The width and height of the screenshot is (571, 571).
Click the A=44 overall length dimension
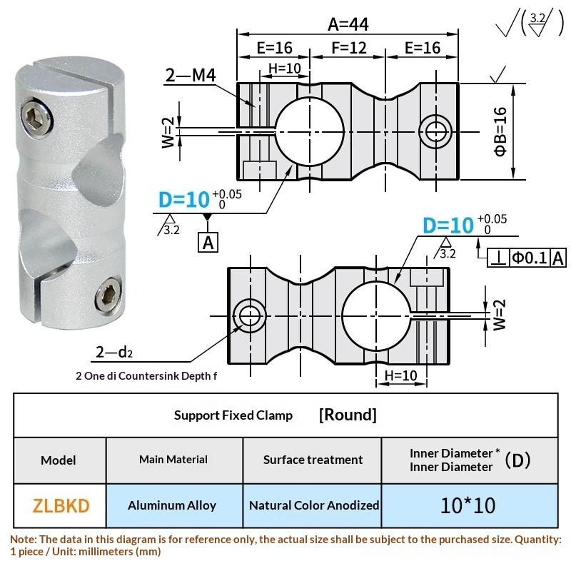pyautogui.click(x=348, y=24)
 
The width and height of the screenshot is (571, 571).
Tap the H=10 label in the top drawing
pyautogui.click(x=284, y=69)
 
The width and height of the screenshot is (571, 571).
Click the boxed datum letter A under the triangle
pyautogui.click(x=208, y=243)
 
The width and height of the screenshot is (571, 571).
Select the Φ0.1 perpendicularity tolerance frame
pyautogui.click(x=527, y=258)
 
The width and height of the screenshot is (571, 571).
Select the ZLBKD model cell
pyautogui.click(x=61, y=505)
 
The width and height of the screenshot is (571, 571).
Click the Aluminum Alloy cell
pyautogui.click(x=172, y=505)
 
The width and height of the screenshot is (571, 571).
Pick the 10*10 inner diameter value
pyautogui.click(x=468, y=505)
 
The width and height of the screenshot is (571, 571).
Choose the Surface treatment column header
pyautogui.click(x=313, y=460)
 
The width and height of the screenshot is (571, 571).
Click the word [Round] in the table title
pyautogui.click(x=348, y=415)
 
